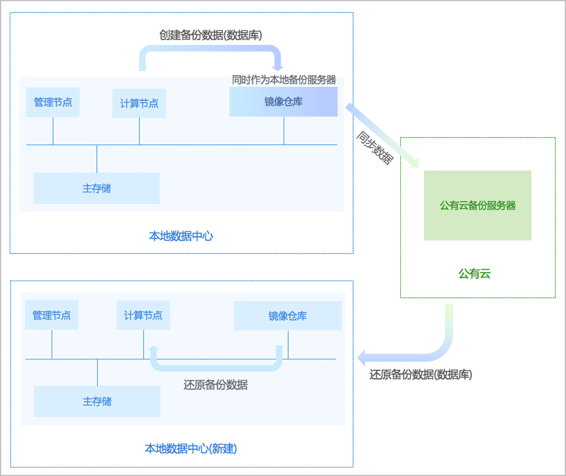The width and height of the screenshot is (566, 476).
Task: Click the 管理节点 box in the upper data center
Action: (53, 102)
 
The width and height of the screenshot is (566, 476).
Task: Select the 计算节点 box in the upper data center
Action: (139, 103)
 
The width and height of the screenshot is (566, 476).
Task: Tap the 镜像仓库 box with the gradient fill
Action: (283, 102)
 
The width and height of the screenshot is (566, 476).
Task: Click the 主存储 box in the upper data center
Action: (96, 188)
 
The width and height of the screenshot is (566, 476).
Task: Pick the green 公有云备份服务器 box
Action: (477, 205)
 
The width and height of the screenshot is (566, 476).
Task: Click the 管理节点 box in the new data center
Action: (52, 315)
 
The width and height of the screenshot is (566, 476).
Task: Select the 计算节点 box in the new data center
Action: (143, 315)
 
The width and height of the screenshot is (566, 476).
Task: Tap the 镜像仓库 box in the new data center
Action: (288, 315)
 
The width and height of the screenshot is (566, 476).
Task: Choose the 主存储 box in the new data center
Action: (97, 401)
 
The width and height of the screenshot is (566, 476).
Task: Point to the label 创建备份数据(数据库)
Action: (211, 35)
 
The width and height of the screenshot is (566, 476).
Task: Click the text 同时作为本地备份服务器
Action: (284, 80)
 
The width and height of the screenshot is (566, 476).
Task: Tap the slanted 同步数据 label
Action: (374, 148)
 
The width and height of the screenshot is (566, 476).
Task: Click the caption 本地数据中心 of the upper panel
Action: (181, 235)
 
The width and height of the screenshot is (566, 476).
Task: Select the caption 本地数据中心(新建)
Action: (191, 448)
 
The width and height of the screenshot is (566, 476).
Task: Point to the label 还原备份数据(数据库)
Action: (421, 374)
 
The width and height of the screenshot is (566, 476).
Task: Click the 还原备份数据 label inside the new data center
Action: (215, 385)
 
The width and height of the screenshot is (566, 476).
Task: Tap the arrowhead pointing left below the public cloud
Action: (363, 357)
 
